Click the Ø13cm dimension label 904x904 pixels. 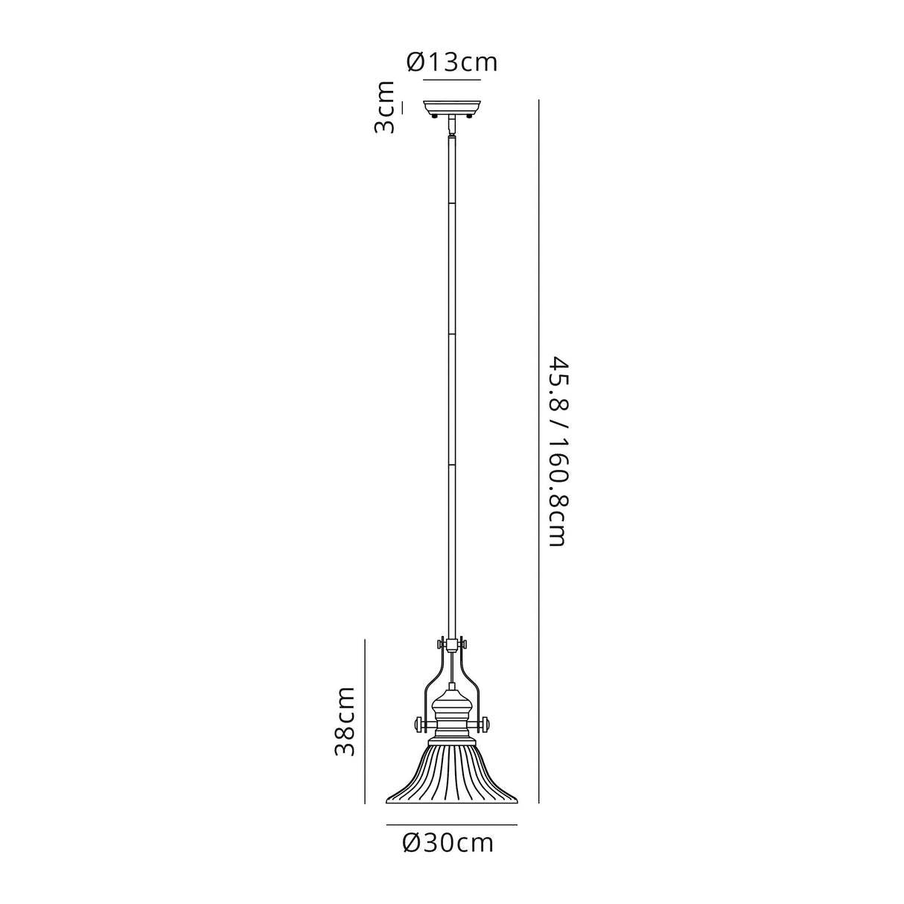pyautogui.click(x=452, y=62)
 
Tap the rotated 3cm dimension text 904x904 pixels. pyautogui.click(x=385, y=107)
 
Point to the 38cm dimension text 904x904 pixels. pyautogui.click(x=344, y=722)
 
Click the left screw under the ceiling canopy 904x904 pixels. pyautogui.click(x=435, y=116)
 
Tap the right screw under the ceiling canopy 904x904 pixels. pyautogui.click(x=470, y=116)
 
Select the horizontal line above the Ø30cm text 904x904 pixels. pyautogui.click(x=451, y=825)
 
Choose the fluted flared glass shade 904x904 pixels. pyautogui.click(x=452, y=774)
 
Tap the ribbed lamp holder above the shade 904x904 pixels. pyautogui.click(x=452, y=715)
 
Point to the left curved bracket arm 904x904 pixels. pyautogui.click(x=432, y=678)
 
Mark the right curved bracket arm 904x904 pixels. pyautogui.click(x=472, y=678)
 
